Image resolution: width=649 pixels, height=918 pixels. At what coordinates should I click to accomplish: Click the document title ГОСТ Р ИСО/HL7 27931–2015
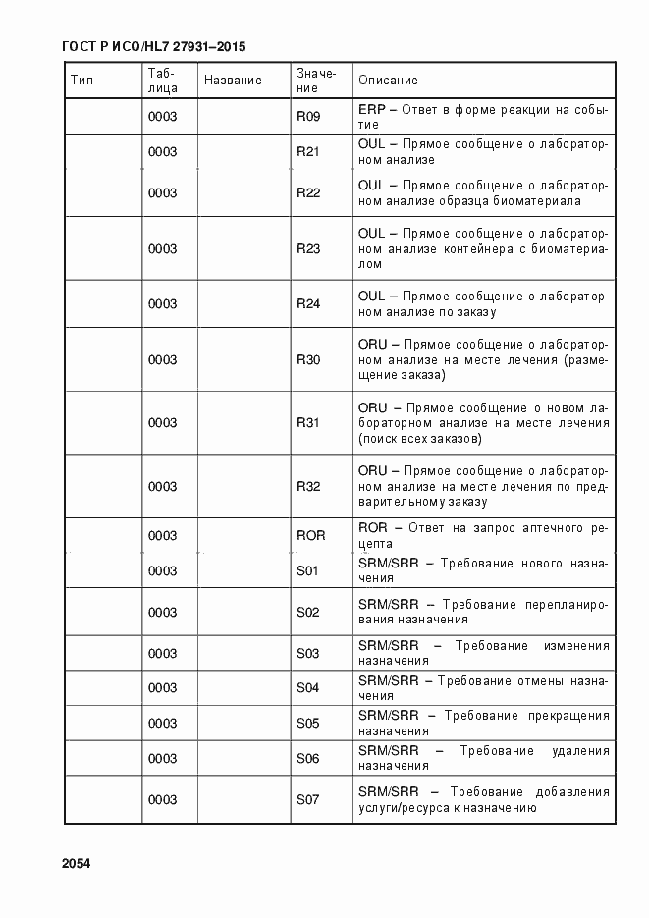[153, 47]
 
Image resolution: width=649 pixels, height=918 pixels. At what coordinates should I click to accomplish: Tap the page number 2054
[76, 864]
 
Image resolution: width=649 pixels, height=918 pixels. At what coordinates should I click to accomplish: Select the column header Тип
[81, 81]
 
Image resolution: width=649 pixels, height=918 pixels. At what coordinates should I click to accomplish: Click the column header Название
[233, 81]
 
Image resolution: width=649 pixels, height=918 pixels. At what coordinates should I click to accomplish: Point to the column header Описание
[388, 81]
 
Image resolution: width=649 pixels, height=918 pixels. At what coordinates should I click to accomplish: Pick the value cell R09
[308, 117]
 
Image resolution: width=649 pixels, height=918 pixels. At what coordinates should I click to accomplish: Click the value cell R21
[308, 152]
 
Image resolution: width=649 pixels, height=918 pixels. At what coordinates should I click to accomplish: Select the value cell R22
[308, 192]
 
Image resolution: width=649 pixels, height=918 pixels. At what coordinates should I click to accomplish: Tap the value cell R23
[308, 248]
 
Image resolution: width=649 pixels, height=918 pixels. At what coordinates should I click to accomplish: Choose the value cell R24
[308, 304]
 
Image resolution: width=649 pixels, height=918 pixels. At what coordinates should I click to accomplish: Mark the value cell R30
[308, 360]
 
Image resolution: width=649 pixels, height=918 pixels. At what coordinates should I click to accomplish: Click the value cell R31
[308, 423]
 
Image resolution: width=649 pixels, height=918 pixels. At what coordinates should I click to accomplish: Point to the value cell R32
[308, 486]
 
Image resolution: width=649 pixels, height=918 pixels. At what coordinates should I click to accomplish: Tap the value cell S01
[308, 570]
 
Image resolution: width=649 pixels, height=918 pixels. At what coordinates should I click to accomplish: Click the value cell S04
[308, 688]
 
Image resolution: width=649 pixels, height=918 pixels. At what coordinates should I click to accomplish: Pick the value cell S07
[308, 800]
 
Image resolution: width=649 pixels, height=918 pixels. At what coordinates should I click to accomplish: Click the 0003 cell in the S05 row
[162, 724]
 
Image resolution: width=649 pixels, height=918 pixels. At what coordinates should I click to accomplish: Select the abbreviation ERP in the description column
[371, 110]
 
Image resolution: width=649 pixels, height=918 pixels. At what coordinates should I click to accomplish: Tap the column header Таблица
[162, 81]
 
